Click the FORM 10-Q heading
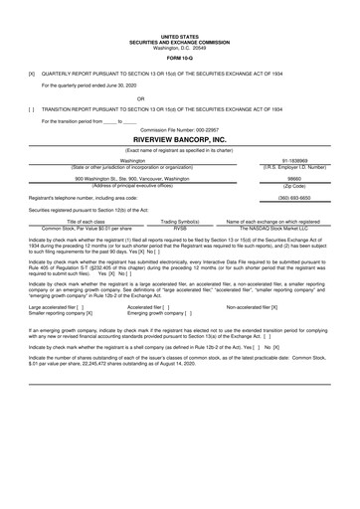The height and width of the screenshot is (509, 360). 180,58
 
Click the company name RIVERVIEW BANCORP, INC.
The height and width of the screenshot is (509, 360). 180,140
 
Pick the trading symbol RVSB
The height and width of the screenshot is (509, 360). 180,228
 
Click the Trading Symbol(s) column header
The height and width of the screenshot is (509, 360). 180,220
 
